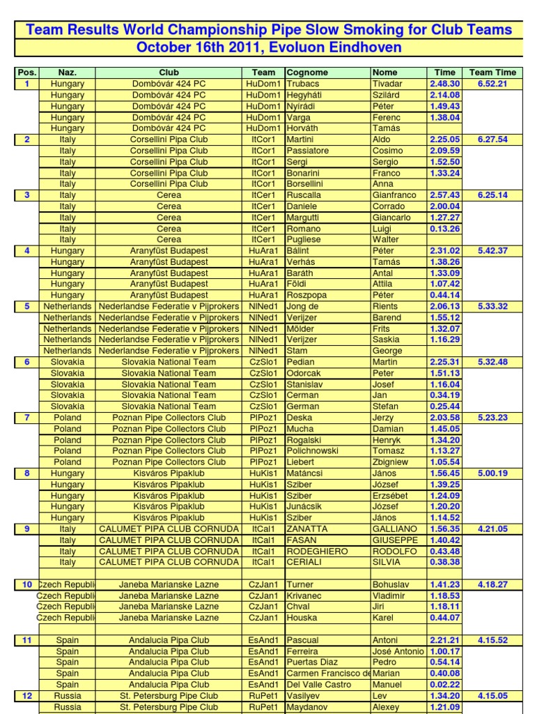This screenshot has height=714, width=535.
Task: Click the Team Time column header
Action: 493,73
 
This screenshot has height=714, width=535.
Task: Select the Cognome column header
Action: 307,73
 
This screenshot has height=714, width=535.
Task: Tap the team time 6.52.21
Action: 493,84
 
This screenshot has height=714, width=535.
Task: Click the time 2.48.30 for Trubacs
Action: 445,84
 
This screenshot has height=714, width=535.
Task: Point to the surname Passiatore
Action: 307,151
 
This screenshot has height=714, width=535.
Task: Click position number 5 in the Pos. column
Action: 27,306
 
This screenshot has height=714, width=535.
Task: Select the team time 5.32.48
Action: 493,362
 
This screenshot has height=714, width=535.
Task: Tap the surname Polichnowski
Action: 313,451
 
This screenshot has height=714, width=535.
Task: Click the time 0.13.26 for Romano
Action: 445,229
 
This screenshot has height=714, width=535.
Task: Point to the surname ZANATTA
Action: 307,529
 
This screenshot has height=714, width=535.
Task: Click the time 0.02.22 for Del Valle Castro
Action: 445,685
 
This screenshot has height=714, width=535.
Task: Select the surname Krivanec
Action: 305,595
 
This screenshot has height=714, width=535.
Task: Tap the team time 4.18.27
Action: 493,584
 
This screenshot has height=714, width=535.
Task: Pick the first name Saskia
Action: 387,340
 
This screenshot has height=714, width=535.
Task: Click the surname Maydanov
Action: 307,707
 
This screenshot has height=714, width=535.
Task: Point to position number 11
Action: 27,640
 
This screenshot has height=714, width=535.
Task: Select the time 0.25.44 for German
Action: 445,407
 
